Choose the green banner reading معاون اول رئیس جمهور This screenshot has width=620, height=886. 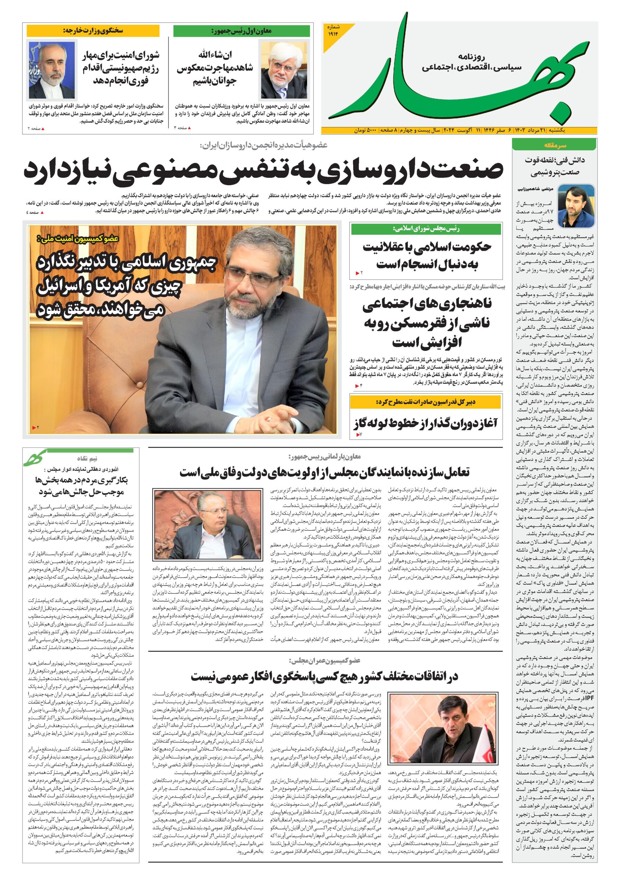[x=241, y=31]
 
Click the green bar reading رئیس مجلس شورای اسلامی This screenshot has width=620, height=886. [x=426, y=229]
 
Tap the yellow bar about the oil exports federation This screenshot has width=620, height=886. [x=426, y=402]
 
